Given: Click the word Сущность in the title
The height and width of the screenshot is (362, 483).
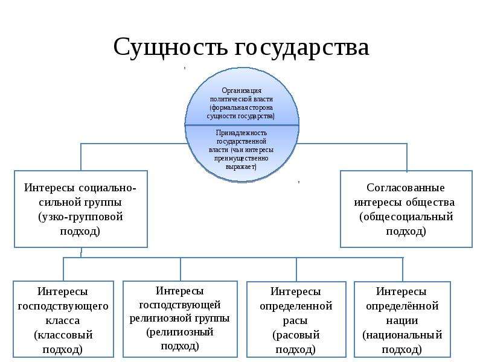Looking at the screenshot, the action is [170, 48].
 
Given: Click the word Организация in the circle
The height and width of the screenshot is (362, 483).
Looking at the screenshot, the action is [241, 91].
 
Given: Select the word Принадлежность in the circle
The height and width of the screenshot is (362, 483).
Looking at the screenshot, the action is [241, 133].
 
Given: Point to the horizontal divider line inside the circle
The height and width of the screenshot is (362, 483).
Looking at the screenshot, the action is [242, 125].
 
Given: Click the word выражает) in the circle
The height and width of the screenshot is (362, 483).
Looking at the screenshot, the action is [241, 167].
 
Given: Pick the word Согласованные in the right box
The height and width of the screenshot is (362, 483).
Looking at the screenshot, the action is [405, 188].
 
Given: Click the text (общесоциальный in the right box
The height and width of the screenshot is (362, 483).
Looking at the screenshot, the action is [406, 217].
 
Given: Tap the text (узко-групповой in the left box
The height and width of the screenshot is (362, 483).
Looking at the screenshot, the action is [81, 217].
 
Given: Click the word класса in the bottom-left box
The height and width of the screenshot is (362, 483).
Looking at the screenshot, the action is [63, 320].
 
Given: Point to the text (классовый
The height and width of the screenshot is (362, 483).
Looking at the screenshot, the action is [63, 335].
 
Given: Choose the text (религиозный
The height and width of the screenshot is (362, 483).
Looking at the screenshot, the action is [179, 332].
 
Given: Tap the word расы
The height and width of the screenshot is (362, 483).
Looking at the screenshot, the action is [295, 321].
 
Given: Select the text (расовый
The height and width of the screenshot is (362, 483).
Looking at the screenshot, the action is [296, 335].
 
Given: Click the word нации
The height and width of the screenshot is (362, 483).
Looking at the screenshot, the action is [402, 321].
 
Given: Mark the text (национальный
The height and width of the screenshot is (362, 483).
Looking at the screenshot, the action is [402, 335].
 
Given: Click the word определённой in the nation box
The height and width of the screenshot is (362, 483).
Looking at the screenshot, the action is [402, 306].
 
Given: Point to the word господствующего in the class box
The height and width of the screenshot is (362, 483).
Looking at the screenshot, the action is [63, 306].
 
